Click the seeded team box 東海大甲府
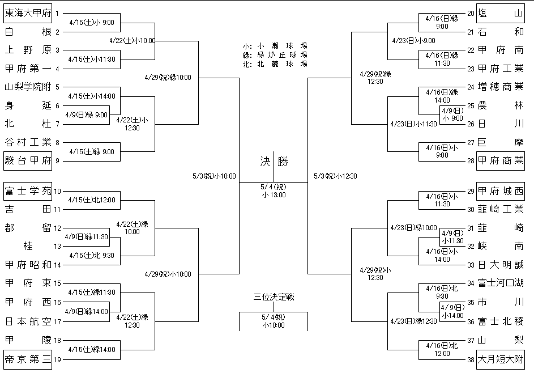pos(28,13)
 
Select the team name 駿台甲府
pos(28,160)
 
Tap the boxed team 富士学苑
pos(28,191)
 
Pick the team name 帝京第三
pos(28,359)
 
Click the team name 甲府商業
pos(500,160)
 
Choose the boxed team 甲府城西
pos(500,191)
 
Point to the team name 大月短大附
pos(500,359)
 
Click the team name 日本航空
pos(28,321)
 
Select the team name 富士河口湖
pos(500,283)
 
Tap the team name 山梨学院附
pos(28,87)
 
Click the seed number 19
pos(57,359)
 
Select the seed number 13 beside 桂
pos(57,246)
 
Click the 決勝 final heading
pos(274,162)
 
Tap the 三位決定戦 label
pos(274,296)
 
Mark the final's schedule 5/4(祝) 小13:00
pos(274,190)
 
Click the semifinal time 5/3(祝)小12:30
pos(335,176)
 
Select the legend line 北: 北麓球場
pos(274,63)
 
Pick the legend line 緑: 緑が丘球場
pos(274,55)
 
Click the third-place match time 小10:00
pos(274,325)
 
